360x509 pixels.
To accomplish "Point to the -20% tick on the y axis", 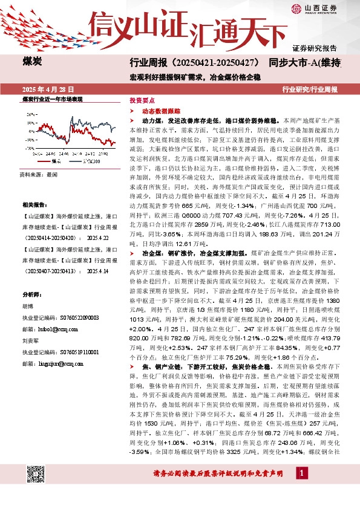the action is click(28, 148).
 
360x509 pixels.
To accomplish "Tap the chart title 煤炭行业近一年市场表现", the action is click(51, 99).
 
